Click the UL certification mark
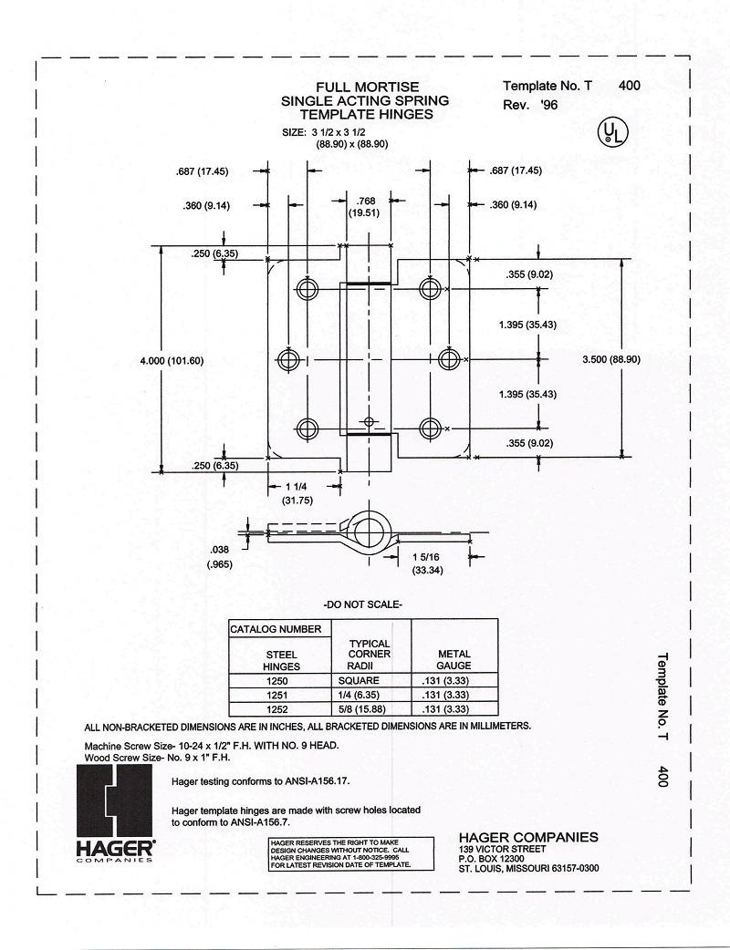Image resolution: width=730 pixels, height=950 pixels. [611, 133]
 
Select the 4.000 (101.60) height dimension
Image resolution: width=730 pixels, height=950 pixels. [172, 360]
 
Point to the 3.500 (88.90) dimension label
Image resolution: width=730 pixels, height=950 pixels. [611, 359]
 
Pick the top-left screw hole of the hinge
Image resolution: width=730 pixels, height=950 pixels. [307, 289]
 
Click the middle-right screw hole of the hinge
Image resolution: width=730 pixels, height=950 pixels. [448, 359]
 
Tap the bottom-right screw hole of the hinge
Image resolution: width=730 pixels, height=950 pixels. [431, 427]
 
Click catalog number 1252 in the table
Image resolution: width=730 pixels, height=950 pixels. [276, 708]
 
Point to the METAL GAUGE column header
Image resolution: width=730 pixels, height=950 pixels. [454, 659]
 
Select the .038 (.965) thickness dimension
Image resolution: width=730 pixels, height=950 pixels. [219, 556]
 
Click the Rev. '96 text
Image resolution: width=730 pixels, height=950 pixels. [530, 106]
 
